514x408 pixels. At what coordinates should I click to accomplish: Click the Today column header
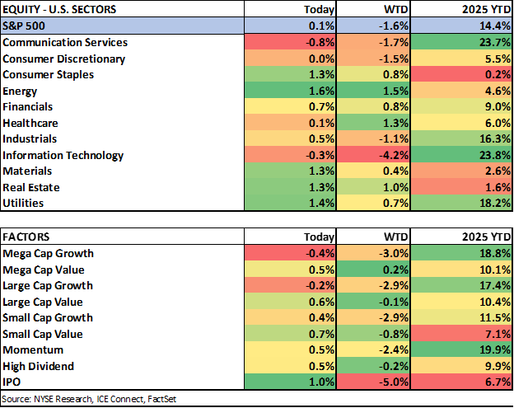320,10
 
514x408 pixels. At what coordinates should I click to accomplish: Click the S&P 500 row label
26,26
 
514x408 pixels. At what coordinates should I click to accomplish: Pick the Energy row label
20,91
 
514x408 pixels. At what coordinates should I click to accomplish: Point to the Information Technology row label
63,155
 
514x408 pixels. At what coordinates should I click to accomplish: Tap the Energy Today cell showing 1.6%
322,91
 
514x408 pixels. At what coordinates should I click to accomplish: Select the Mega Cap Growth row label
48,253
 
